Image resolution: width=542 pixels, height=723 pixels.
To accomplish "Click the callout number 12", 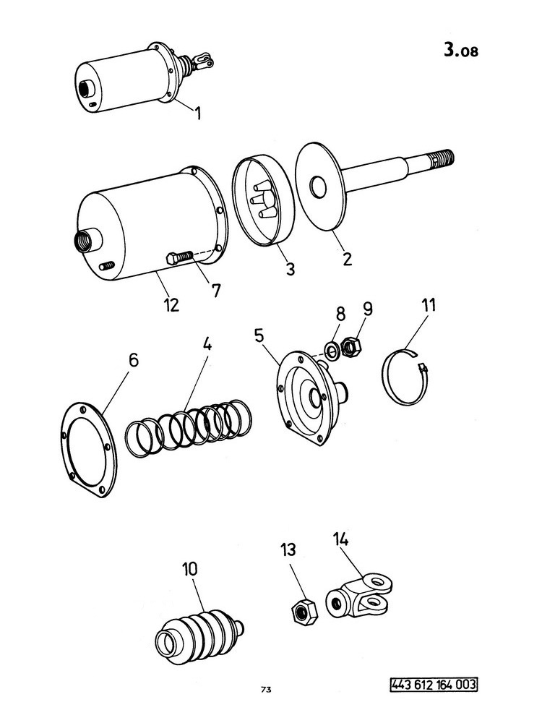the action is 171,305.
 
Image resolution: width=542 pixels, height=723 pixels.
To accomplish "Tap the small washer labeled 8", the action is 332,351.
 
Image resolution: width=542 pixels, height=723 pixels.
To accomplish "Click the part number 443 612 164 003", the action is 434,684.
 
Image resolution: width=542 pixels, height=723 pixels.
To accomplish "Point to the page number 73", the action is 265,690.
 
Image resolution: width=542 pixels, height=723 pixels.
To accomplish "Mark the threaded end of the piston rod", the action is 444,158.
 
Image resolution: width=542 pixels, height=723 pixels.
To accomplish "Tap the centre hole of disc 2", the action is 317,187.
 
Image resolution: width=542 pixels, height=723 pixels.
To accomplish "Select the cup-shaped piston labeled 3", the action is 264,200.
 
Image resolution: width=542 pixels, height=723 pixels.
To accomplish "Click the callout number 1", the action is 198,113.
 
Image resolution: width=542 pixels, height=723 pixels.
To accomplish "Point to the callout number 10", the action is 189,569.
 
